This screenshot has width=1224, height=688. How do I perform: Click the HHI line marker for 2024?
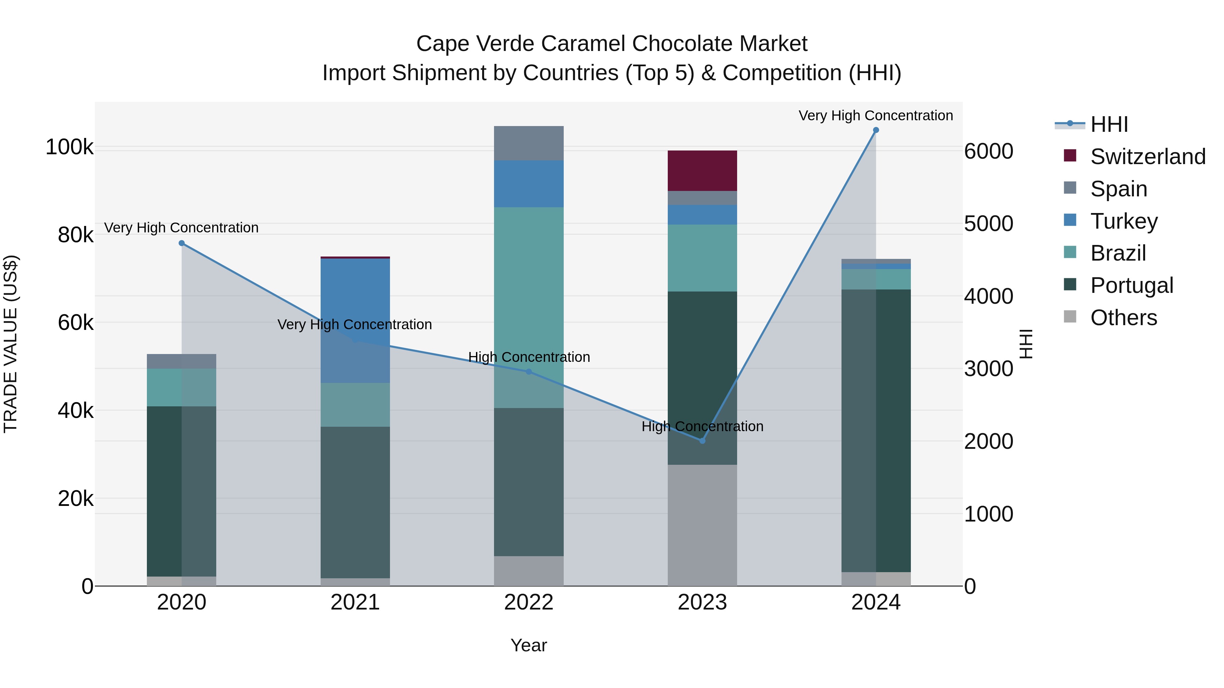click(x=876, y=130)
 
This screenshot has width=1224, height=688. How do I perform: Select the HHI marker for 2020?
click(x=182, y=243)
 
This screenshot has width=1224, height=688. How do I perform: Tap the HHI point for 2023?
click(x=702, y=441)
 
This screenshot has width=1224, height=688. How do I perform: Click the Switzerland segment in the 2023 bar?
click(x=702, y=171)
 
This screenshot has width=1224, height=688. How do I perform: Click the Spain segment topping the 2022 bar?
click(x=528, y=143)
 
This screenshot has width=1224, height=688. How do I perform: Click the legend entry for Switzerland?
click(x=1147, y=157)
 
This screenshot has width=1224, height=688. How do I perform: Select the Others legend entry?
click(x=1123, y=318)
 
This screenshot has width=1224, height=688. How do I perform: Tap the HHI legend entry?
click(x=1109, y=124)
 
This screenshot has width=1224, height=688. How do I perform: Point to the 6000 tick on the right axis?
click(x=989, y=152)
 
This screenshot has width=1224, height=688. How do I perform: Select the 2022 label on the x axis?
click(x=528, y=602)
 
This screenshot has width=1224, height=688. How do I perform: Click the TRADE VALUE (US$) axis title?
click(x=11, y=344)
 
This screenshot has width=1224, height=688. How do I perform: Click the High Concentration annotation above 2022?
click(x=529, y=357)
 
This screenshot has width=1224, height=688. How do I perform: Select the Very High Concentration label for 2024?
click(x=876, y=116)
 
